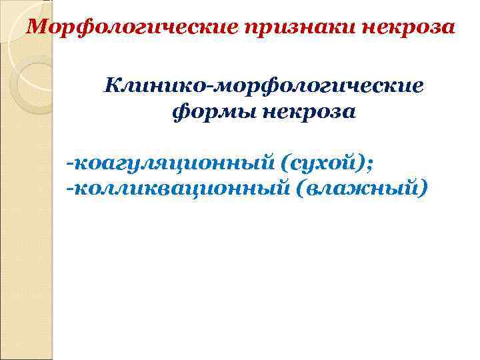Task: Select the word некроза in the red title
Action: point(411,29)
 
